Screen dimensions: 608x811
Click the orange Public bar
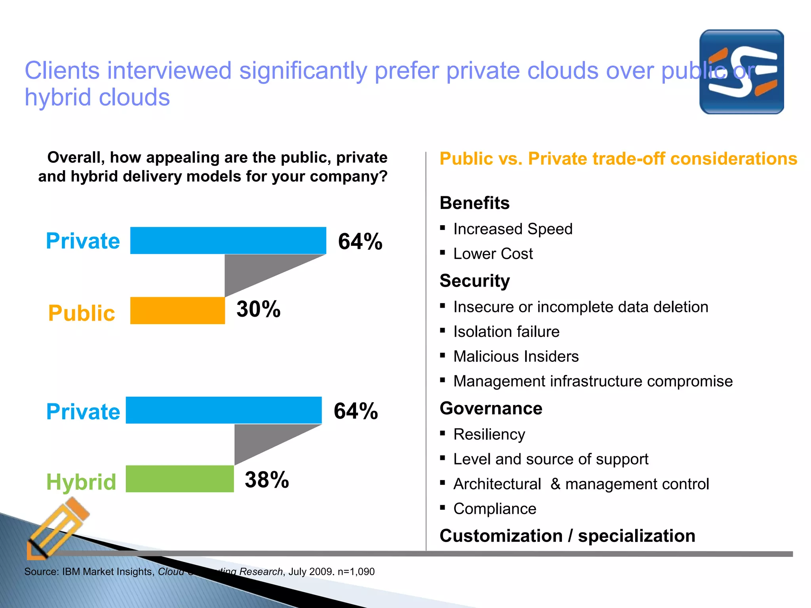point(177,311)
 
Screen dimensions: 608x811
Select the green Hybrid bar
point(180,479)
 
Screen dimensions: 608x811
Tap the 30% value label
point(259,309)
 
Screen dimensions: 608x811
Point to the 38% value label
point(267,480)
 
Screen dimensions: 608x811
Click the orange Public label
point(82,313)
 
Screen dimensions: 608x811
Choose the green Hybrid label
point(81,482)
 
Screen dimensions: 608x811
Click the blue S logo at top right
point(741,72)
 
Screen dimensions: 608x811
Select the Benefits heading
point(474,203)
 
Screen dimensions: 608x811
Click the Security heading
point(475,281)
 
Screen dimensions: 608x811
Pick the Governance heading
point(491,408)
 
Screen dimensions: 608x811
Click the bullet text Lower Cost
point(493,254)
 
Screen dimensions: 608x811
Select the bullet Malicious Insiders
point(516,357)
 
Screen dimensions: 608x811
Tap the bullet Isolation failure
point(506,332)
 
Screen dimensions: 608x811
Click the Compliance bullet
point(495,509)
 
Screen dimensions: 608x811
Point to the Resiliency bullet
point(489,435)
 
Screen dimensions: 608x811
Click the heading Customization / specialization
point(567,536)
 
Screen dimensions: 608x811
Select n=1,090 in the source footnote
point(356,572)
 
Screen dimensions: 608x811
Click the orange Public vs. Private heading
point(618,159)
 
